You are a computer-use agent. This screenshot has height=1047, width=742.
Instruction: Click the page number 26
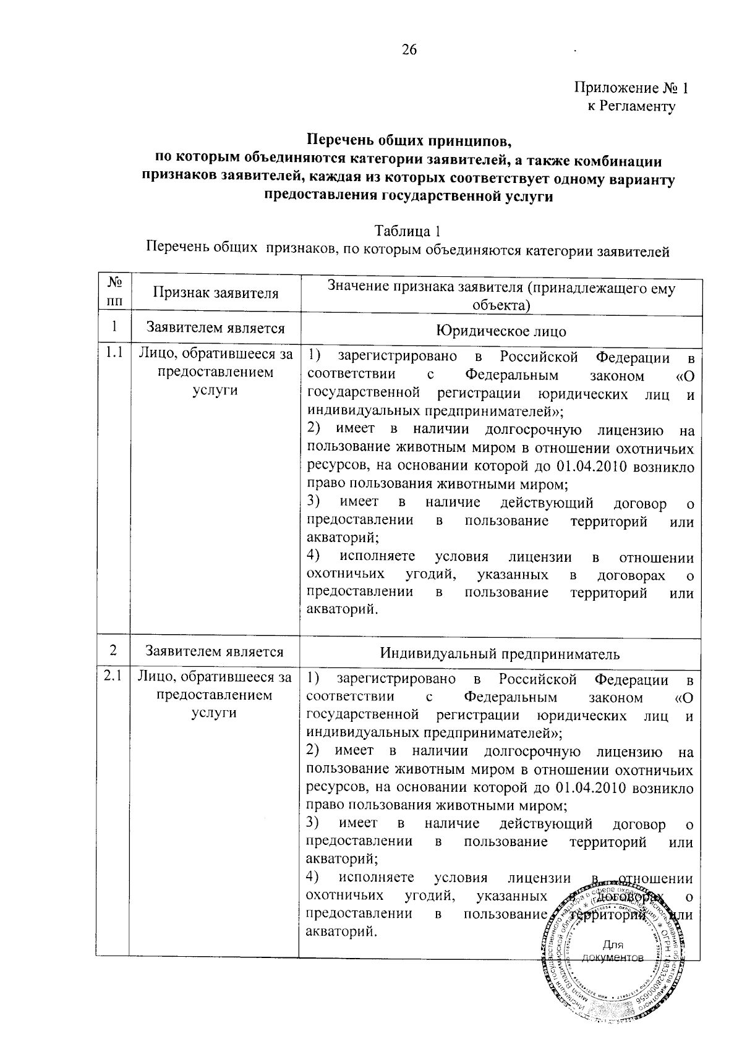pyautogui.click(x=409, y=49)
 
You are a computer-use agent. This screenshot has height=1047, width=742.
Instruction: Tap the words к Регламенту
pyautogui.click(x=631, y=106)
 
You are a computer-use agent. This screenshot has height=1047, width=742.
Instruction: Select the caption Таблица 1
pyautogui.click(x=408, y=232)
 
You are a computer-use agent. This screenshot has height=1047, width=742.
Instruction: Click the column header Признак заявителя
pyautogui.click(x=215, y=294)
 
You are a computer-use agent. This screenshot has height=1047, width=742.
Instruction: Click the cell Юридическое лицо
pyautogui.click(x=500, y=331)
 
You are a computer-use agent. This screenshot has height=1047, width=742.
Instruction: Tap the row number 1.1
pyautogui.click(x=113, y=354)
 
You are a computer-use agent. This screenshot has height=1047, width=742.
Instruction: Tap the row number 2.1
pyautogui.click(x=113, y=676)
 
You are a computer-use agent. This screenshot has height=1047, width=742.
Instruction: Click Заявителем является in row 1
pyautogui.click(x=215, y=329)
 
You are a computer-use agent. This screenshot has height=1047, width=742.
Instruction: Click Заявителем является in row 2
pyautogui.click(x=214, y=651)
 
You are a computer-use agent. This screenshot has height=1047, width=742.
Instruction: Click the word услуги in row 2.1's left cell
pyautogui.click(x=214, y=713)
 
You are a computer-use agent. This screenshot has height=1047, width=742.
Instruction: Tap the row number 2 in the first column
pyautogui.click(x=113, y=650)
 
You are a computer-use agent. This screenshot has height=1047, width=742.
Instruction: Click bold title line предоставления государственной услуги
pyautogui.click(x=408, y=197)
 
